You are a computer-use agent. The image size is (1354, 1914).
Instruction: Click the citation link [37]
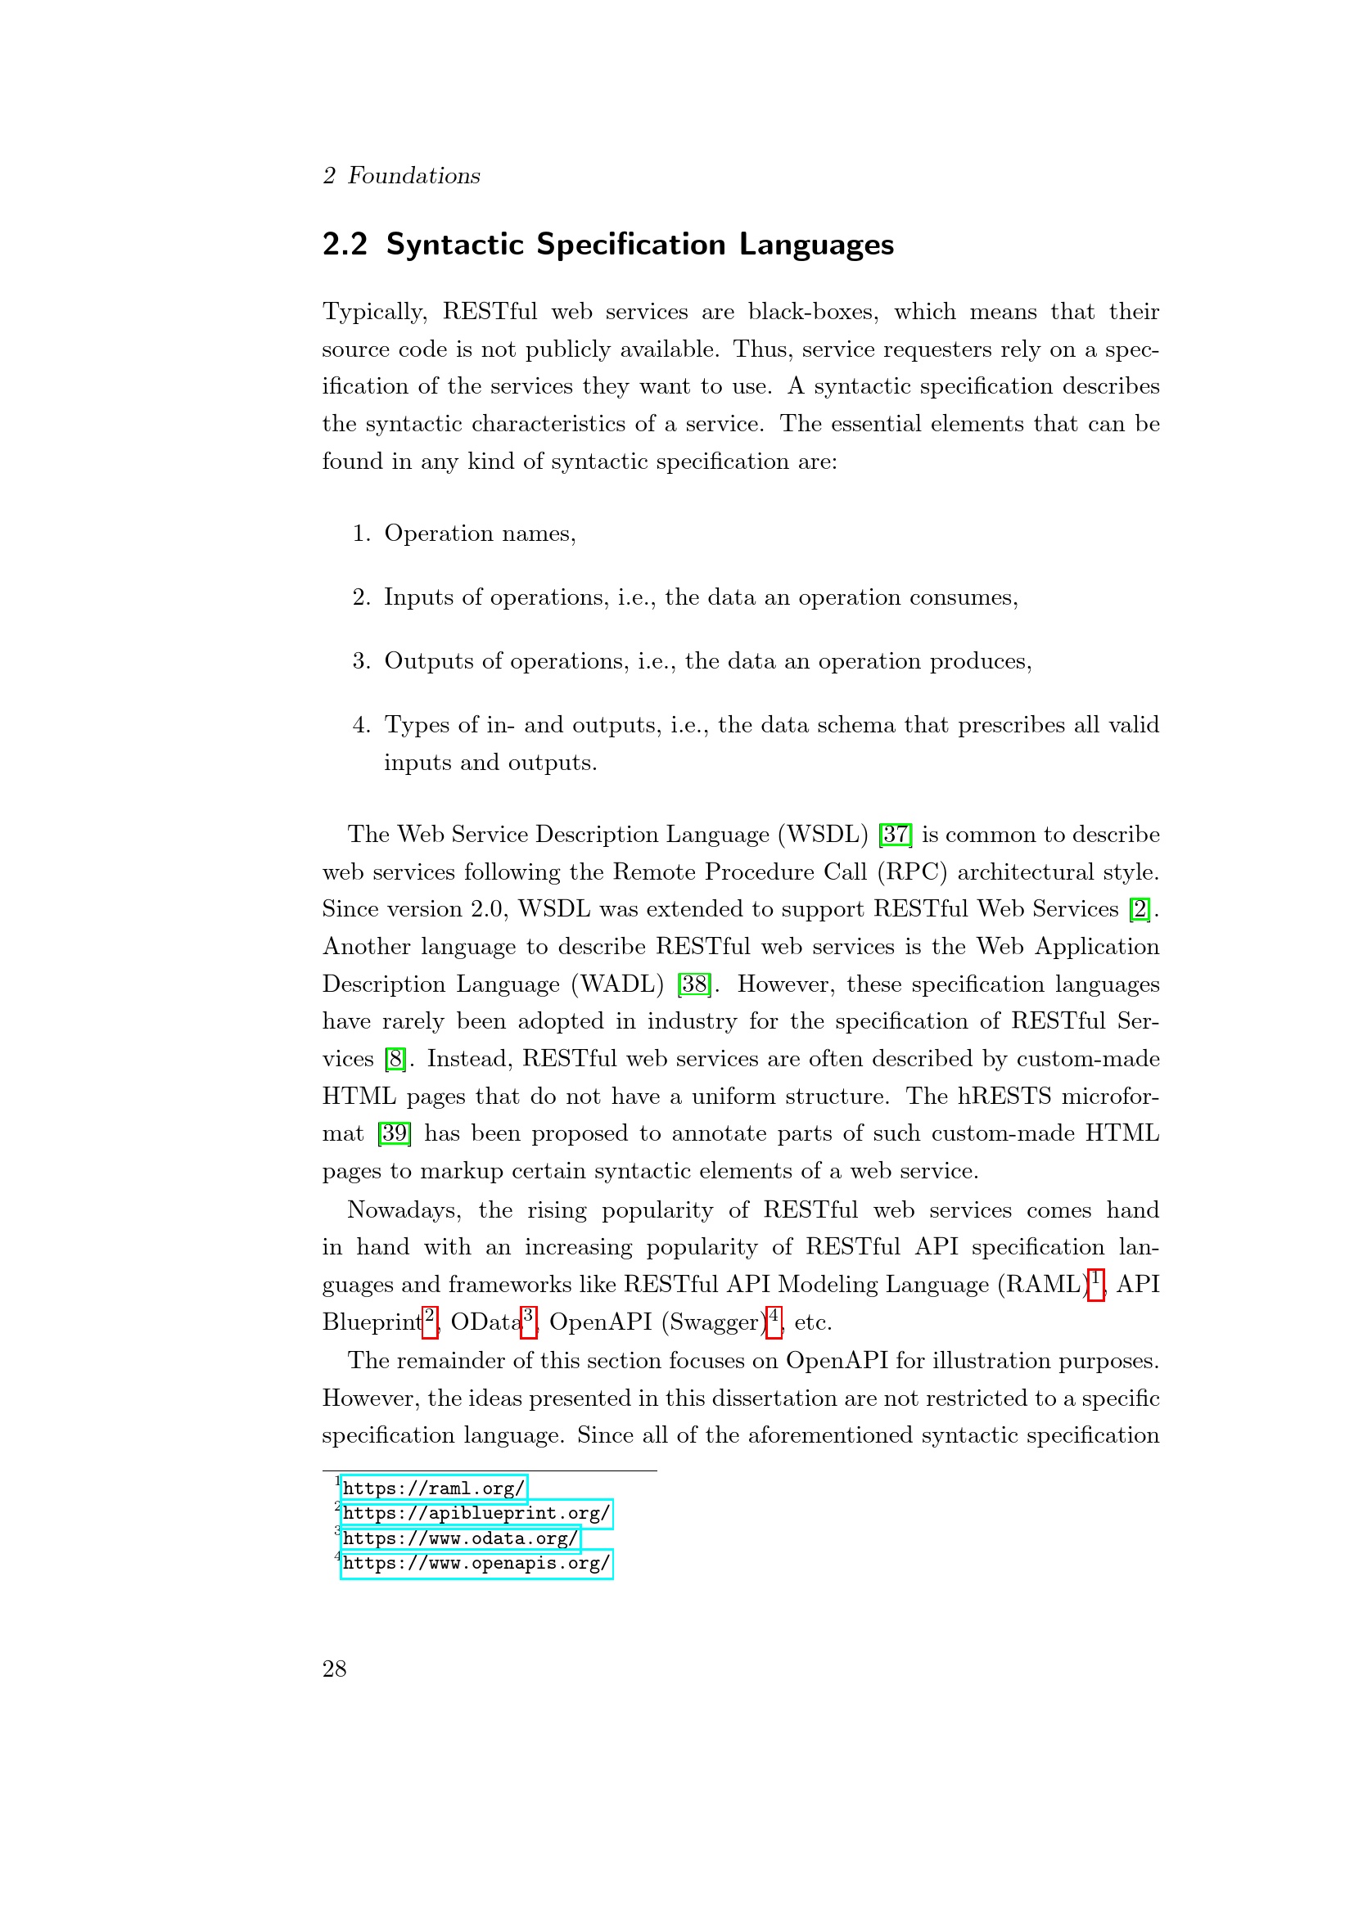[x=896, y=835]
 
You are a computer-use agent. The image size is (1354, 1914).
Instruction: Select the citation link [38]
[x=694, y=984]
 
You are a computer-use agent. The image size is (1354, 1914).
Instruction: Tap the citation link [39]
[x=394, y=1133]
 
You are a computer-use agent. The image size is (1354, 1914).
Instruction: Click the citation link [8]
[x=395, y=1060]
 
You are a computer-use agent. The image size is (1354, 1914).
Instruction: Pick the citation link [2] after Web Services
[x=1139, y=909]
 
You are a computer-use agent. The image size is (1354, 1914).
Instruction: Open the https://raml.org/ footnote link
[x=434, y=1488]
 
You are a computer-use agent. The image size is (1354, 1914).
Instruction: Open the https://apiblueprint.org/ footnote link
[x=476, y=1513]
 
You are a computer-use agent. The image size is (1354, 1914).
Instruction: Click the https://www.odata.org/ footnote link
[x=460, y=1538]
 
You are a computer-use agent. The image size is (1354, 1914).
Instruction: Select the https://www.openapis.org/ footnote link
[x=476, y=1563]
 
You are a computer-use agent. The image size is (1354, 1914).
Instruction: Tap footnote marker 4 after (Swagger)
[x=774, y=1321]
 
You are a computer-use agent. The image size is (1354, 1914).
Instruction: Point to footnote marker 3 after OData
[x=528, y=1321]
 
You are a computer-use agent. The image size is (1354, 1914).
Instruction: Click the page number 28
[x=334, y=1669]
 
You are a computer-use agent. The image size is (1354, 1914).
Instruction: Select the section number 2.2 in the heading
[x=345, y=245]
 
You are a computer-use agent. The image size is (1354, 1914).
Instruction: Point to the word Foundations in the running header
[x=413, y=176]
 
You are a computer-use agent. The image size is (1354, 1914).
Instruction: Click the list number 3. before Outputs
[x=361, y=661]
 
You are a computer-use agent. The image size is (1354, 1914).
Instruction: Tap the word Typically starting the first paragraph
[x=374, y=313]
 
